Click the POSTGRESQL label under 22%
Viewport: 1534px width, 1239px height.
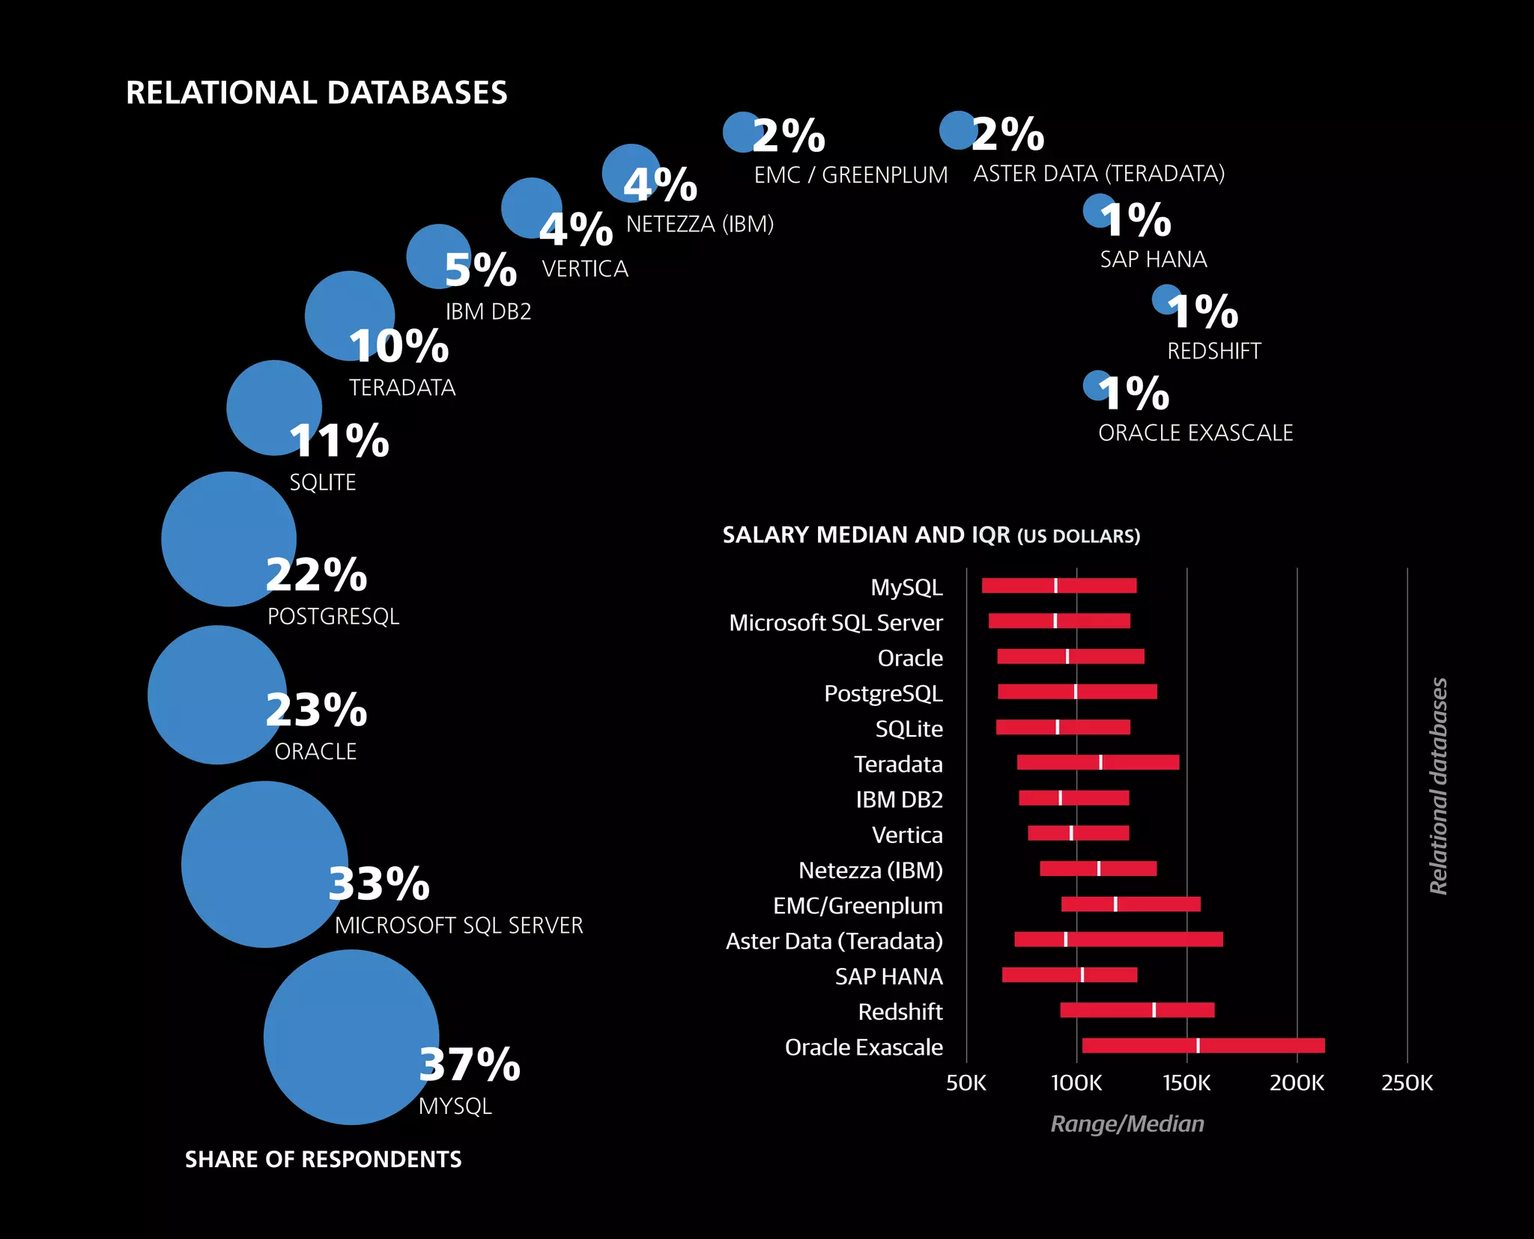(x=333, y=616)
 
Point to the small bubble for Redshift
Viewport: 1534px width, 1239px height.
(x=1165, y=299)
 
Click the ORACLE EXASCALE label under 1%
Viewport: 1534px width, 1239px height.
(x=1195, y=433)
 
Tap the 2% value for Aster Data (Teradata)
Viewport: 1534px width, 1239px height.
(x=1008, y=135)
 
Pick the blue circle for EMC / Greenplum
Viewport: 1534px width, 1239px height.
(x=742, y=132)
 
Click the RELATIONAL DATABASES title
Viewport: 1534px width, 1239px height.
(x=316, y=93)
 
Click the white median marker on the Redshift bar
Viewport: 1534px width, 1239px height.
(x=1153, y=1010)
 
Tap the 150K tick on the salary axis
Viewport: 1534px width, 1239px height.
(x=1186, y=1083)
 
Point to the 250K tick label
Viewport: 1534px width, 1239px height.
(x=1407, y=1083)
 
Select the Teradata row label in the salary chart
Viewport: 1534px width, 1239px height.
(x=898, y=764)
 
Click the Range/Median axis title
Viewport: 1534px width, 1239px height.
(x=1127, y=1124)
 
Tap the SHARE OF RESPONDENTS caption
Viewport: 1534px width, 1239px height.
(x=323, y=1159)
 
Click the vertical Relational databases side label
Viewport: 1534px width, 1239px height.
(x=1438, y=786)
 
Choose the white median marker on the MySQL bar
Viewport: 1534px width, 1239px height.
(x=1055, y=585)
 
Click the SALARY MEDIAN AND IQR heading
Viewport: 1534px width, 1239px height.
(x=930, y=535)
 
